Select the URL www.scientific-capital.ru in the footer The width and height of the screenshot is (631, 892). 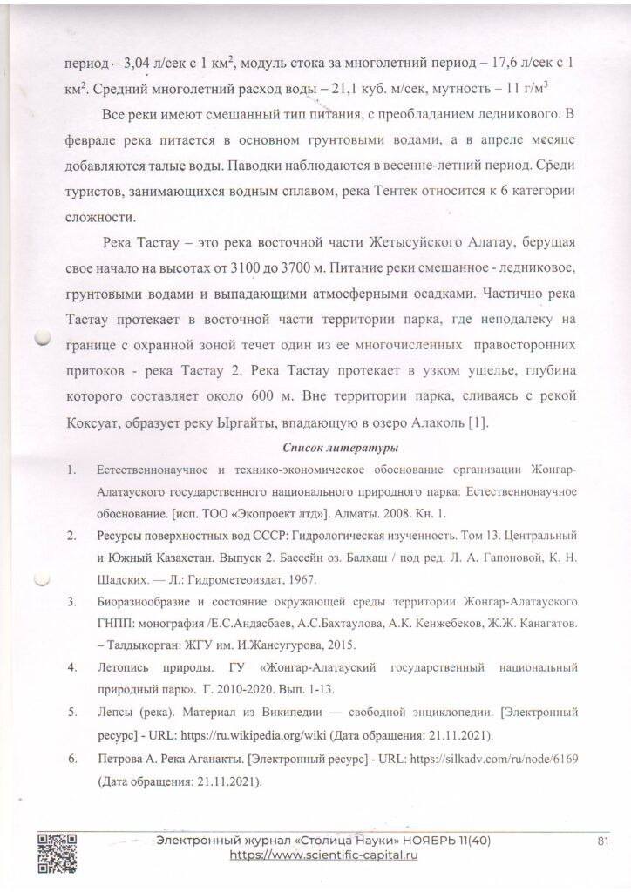click(324, 856)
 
